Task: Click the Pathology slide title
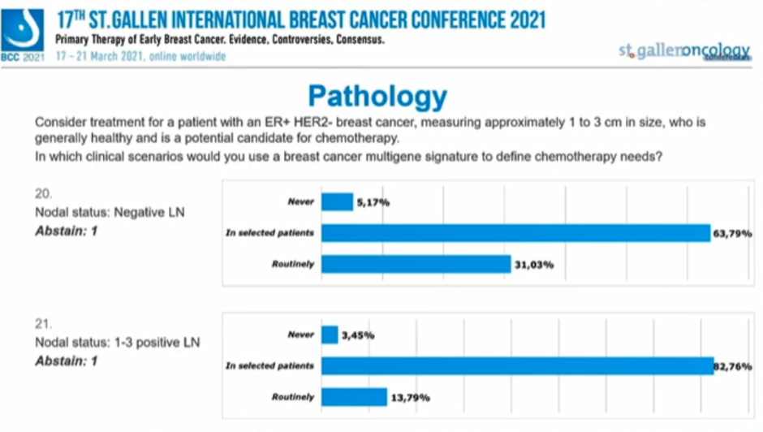[377, 97]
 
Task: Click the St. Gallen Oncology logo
[683, 51]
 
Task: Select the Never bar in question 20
[338, 201]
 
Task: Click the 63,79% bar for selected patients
[516, 233]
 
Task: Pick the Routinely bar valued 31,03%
[416, 264]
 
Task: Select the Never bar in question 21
[330, 335]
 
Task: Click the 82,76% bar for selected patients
[518, 365]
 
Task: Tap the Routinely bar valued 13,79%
[355, 397]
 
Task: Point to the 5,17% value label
[373, 202]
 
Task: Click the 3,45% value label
[358, 335]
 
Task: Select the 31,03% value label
[534, 265]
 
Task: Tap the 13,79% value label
[411, 398]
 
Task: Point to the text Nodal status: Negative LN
[110, 213]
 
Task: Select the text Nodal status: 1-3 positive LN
[117, 343]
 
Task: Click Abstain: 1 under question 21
[66, 361]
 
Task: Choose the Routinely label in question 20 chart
[292, 265]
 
